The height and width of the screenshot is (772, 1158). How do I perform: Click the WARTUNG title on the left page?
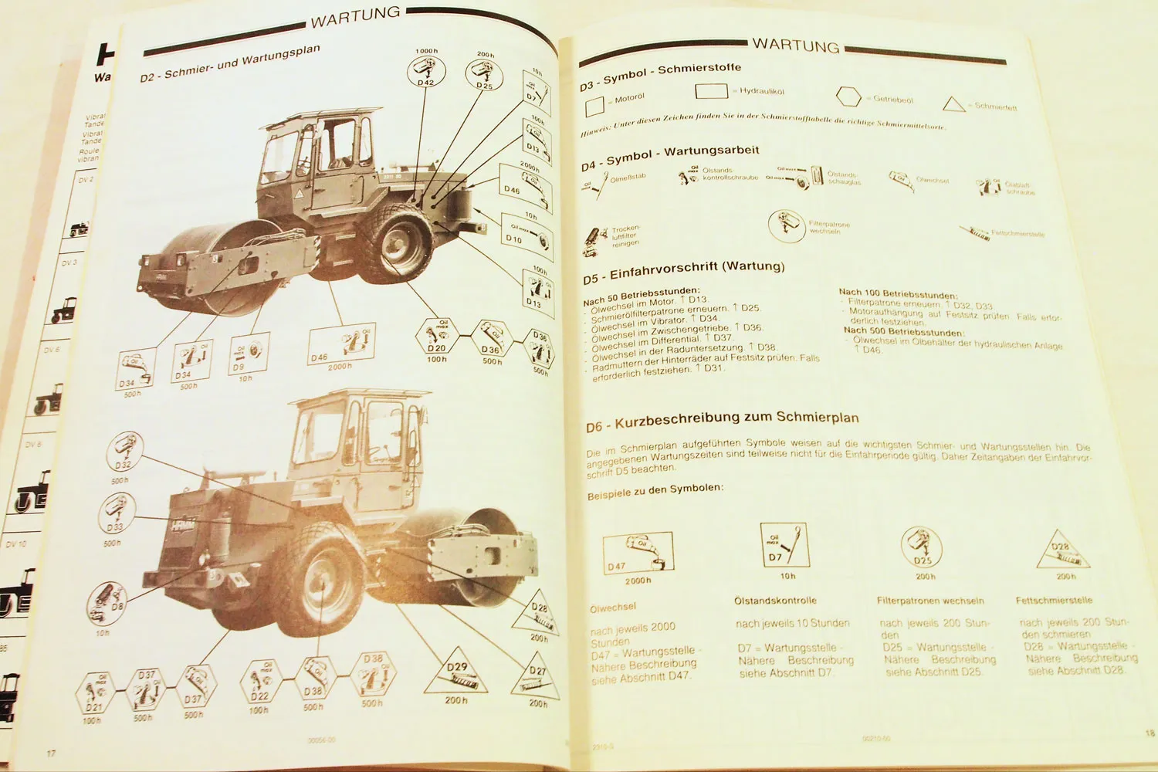(x=355, y=16)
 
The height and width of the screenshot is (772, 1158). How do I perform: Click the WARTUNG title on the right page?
(x=795, y=46)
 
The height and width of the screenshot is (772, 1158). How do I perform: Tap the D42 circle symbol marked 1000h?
(x=426, y=73)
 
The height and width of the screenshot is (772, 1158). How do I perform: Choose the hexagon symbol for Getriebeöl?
(x=848, y=97)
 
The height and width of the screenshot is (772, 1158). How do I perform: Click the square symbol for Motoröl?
(x=594, y=105)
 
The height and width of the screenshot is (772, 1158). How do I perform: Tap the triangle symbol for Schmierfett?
(x=954, y=104)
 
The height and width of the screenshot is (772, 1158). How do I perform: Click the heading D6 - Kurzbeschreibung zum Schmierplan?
(x=722, y=421)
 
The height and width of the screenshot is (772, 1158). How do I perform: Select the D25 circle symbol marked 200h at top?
(x=484, y=75)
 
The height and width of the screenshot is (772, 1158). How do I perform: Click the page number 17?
(x=51, y=753)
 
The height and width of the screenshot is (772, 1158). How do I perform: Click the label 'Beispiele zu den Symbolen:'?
(x=655, y=491)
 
